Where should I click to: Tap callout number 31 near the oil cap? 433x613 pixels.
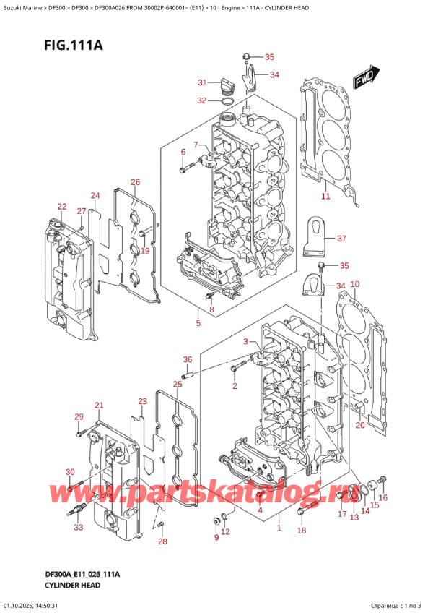[202, 82]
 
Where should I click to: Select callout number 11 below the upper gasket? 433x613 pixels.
[325, 196]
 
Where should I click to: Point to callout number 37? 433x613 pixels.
[341, 238]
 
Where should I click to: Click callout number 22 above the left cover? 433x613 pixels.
[61, 207]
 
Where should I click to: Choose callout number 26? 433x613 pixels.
[135, 181]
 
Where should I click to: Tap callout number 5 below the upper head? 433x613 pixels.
[198, 323]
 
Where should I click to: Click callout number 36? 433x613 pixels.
[188, 359]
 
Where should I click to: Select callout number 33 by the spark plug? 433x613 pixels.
[79, 528]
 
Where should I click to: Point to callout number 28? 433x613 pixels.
[162, 541]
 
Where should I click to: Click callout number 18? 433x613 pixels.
[302, 531]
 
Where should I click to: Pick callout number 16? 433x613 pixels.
[383, 497]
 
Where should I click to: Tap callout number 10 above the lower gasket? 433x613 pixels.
[355, 284]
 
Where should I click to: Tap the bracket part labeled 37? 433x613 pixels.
[315, 237]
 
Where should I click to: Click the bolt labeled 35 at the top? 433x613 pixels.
[246, 58]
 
